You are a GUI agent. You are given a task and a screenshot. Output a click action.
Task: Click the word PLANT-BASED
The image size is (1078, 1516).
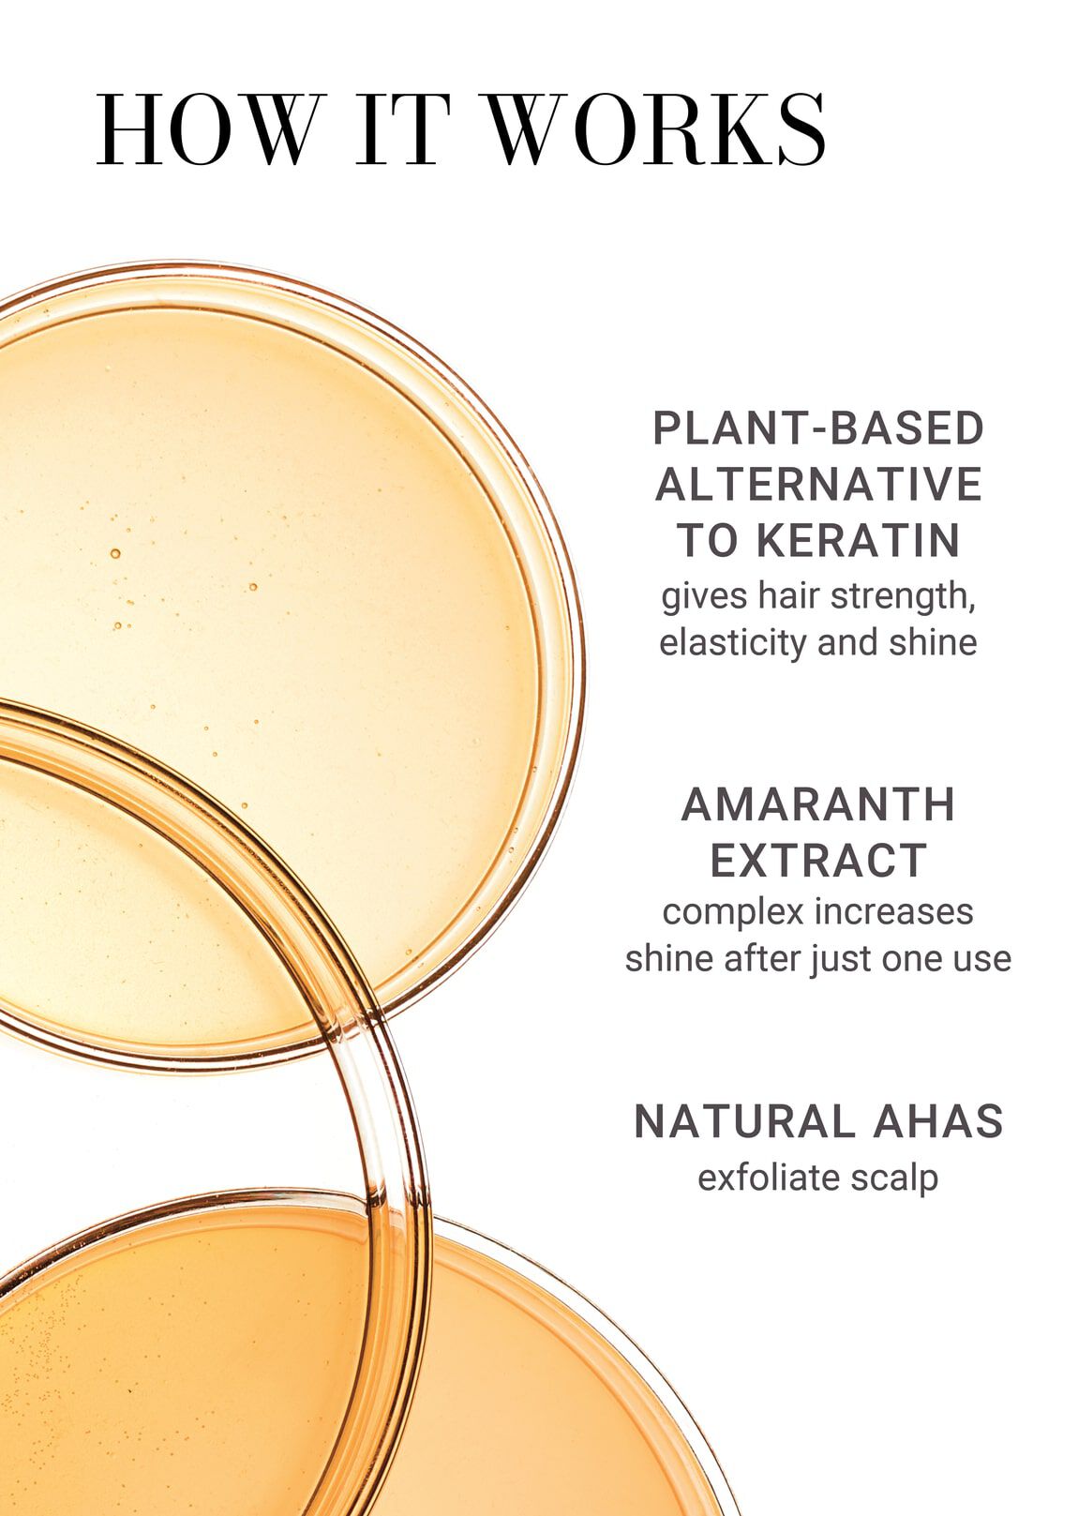818,428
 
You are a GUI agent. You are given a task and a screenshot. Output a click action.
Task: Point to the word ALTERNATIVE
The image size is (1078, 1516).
818,485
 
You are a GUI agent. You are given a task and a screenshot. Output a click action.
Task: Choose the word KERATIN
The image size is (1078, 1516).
858,541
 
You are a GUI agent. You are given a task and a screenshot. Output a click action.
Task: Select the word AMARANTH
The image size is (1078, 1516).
818,804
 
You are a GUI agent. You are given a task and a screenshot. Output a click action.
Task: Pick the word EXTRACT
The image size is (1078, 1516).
818,861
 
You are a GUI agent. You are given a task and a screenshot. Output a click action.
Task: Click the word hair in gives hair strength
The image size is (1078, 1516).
789,596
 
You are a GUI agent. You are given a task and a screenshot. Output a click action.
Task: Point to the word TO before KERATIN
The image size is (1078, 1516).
710,541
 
